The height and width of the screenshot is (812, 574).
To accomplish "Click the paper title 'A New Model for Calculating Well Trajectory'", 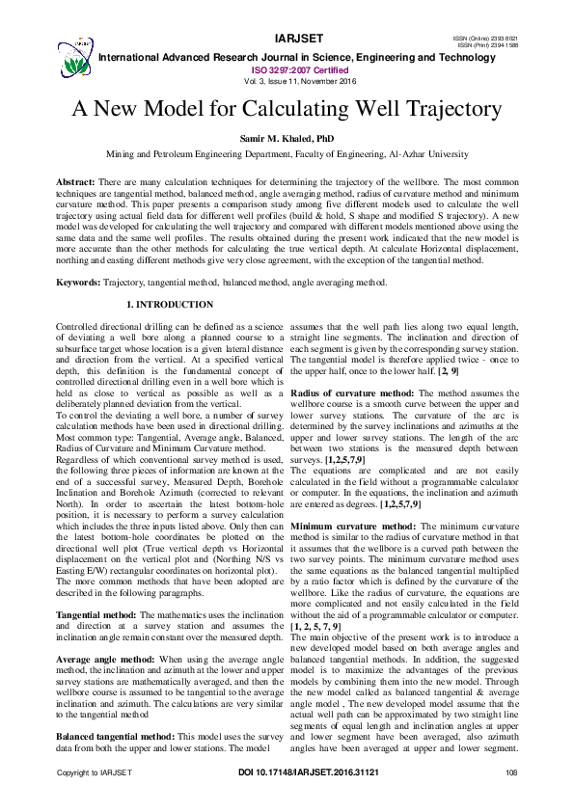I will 287,108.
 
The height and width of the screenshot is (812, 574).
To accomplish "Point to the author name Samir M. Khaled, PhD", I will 286,139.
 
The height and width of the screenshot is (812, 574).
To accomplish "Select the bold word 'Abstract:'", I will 75,181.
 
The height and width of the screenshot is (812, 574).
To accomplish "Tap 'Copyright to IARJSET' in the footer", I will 94,800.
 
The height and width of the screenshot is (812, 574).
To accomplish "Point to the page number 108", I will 511,800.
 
